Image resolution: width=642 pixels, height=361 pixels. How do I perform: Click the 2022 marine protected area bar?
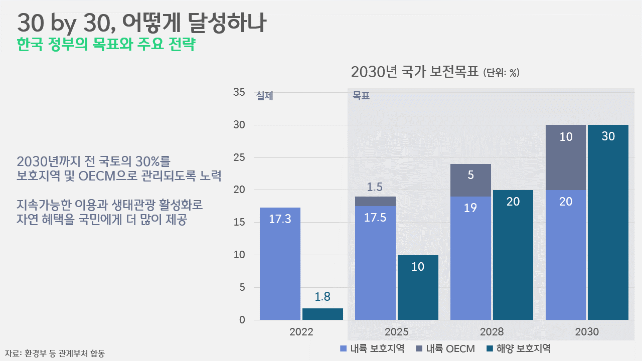coord(323,314)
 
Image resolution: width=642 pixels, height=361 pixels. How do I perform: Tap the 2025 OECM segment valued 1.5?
coord(375,201)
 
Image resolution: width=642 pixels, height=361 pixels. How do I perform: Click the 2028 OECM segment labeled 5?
coord(470,180)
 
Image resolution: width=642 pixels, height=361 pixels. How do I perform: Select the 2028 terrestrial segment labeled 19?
coord(470,258)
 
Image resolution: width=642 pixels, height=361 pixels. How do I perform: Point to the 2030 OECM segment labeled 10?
coord(566,157)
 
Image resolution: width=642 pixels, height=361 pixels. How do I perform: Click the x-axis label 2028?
coord(492,332)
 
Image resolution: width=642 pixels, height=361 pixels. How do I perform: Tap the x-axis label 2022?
coord(301,332)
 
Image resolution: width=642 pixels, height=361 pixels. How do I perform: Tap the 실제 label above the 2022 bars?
coord(264,96)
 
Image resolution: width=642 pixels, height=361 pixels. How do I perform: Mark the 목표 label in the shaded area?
coord(361,96)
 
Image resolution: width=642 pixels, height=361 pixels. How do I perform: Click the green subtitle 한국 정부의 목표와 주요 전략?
coord(106,44)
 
